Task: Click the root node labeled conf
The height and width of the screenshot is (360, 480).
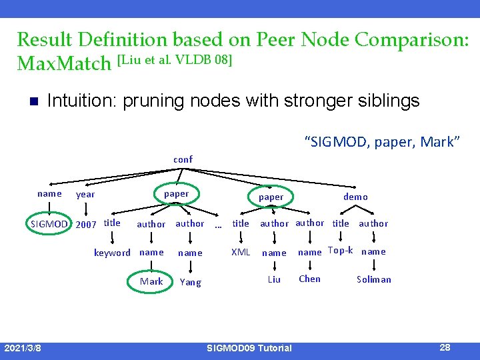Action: click(183, 159)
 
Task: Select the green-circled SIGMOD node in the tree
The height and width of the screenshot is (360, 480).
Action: click(49, 224)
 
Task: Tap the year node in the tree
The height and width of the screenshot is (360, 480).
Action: click(85, 195)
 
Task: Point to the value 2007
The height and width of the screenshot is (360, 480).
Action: click(86, 224)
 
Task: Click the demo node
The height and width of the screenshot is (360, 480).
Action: click(355, 197)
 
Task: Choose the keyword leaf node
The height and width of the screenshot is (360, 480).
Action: click(112, 253)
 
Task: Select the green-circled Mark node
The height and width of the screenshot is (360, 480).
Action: click(151, 281)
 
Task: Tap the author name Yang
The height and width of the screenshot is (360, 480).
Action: click(190, 282)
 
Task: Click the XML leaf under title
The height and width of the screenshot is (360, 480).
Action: click(240, 252)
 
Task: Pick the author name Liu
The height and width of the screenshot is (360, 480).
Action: click(274, 279)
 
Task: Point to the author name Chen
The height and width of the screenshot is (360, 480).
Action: click(309, 279)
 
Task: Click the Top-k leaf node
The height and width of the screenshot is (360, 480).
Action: click(340, 251)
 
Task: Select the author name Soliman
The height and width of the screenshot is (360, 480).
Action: click(374, 279)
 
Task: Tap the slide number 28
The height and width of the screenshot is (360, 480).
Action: click(445, 347)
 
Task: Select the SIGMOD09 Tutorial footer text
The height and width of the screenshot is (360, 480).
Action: click(249, 348)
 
